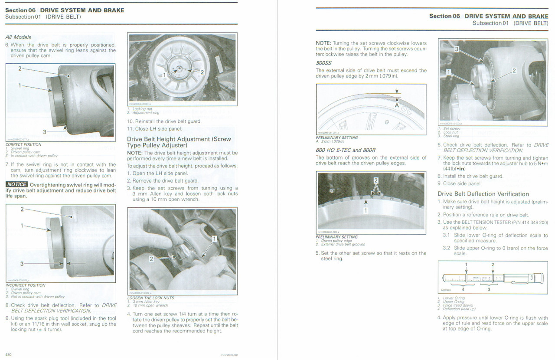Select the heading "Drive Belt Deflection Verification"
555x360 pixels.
[483, 194]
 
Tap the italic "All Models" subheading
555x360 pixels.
[18, 37]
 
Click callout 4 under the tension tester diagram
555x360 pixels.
[462, 290]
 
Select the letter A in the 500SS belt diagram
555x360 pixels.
[396, 105]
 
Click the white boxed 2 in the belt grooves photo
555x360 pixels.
[376, 180]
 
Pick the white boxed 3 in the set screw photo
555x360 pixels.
[457, 49]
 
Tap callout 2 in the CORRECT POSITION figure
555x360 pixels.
[20, 69]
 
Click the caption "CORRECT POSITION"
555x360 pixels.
[23, 144]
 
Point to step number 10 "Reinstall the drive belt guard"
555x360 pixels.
[130, 121]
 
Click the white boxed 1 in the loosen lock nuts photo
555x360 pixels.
[214, 239]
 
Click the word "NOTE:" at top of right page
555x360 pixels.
[323, 43]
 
